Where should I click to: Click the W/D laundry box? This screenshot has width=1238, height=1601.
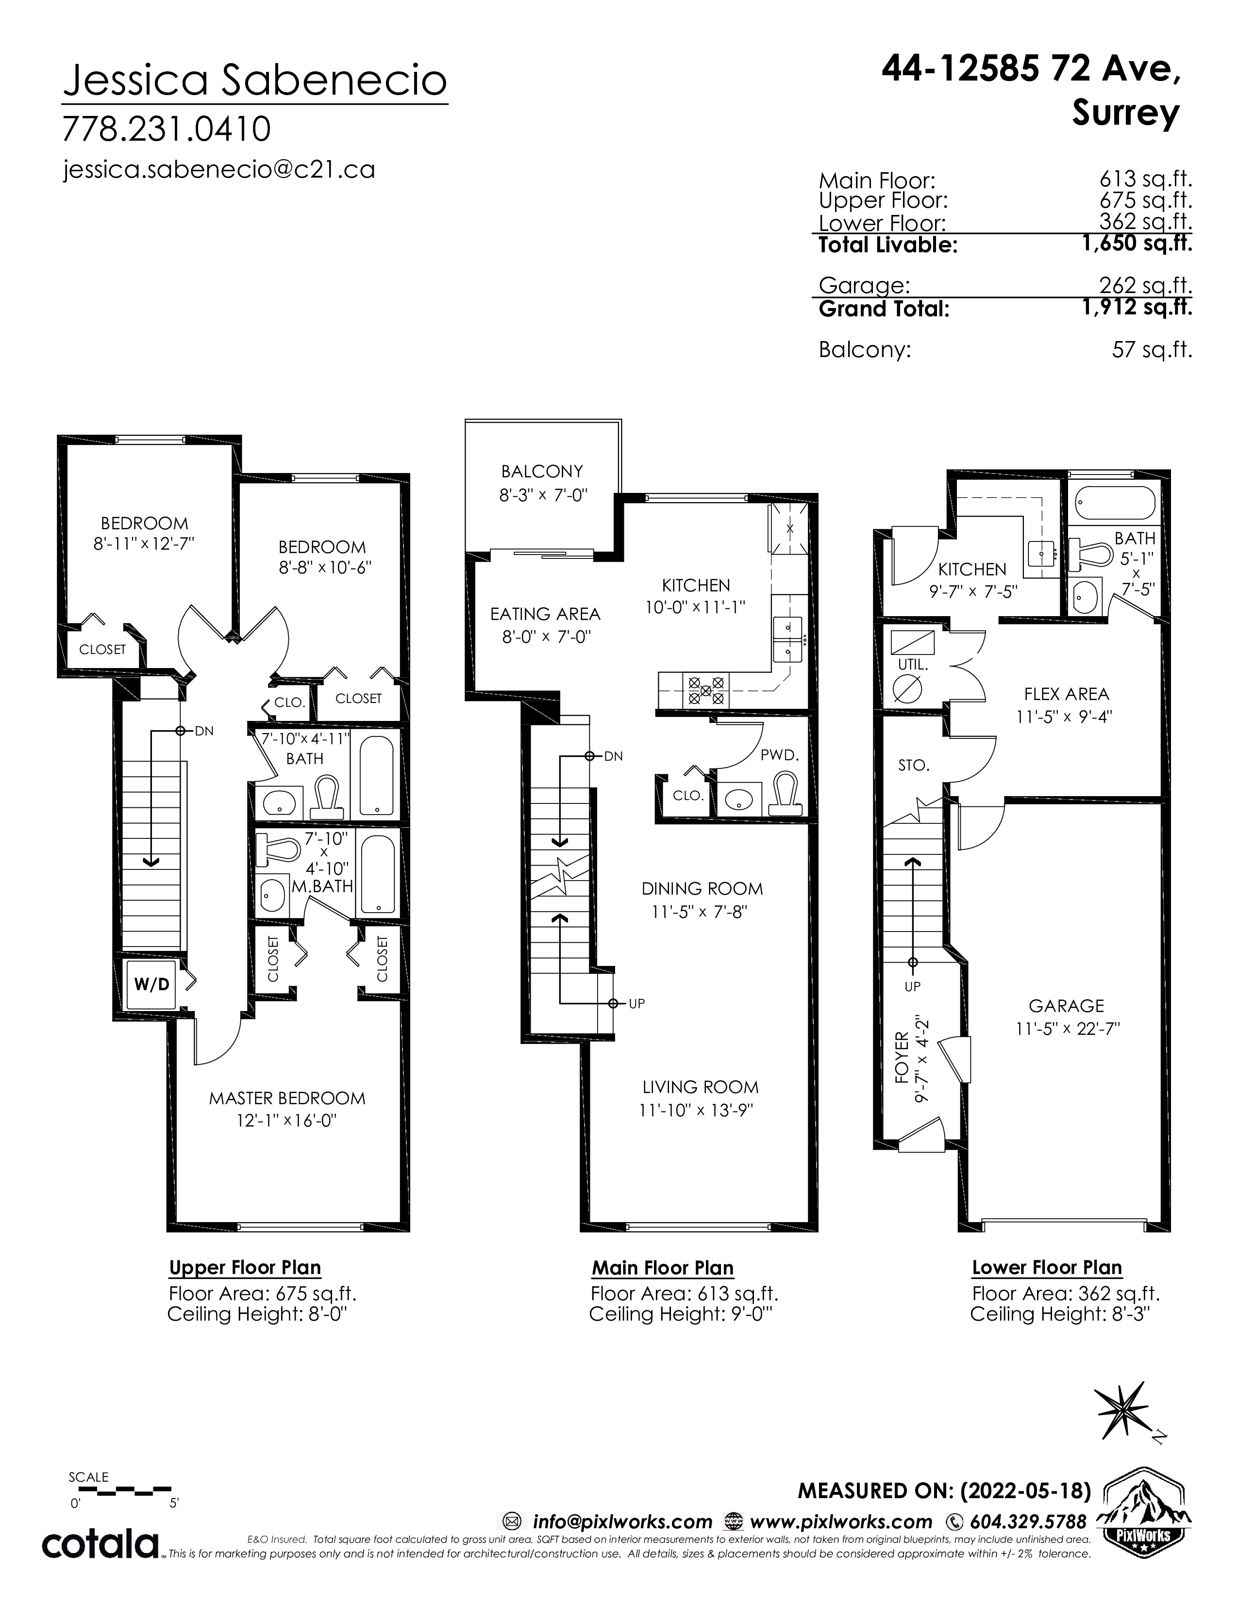point(152,984)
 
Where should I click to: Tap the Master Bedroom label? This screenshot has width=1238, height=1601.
point(287,1097)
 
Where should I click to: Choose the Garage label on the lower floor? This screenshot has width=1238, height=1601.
point(1066,1006)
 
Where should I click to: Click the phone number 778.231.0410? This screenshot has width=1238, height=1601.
point(167,129)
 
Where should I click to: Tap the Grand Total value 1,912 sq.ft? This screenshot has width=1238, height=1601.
point(1137,307)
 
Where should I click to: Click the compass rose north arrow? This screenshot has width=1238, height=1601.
point(1121,1410)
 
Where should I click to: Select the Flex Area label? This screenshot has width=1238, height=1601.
point(1067,693)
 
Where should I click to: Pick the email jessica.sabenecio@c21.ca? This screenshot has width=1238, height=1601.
point(219,169)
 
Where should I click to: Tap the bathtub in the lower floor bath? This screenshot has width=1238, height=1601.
point(1115,503)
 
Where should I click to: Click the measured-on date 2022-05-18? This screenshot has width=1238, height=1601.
point(1024,1490)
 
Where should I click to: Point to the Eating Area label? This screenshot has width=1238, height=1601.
point(545,614)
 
